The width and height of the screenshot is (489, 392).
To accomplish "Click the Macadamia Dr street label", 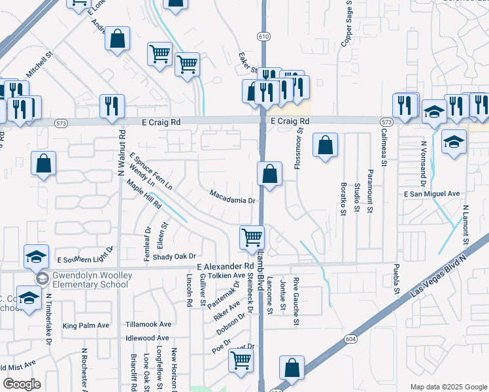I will [231, 197].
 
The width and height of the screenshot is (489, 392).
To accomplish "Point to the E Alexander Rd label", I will [224, 267].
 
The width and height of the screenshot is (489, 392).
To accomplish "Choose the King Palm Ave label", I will [86, 325].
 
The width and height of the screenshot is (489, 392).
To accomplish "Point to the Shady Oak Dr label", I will [174, 257].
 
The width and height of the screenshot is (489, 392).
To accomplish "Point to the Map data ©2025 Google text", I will [448, 387].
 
